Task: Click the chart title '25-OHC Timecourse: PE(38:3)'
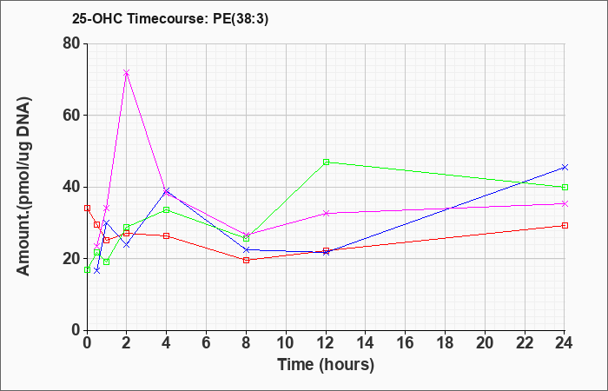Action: [170, 18]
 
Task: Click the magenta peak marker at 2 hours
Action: [127, 73]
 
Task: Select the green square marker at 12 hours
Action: [326, 162]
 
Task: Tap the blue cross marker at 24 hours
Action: [565, 167]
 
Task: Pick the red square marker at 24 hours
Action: [565, 225]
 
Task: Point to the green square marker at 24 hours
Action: [565, 188]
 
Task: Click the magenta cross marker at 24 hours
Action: [565, 203]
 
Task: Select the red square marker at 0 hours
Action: [87, 209]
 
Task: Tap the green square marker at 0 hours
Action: [87, 269]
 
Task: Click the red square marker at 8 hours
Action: [246, 261]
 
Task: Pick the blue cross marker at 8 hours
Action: [246, 250]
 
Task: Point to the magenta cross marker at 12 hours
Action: [326, 214]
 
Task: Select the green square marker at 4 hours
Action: [167, 210]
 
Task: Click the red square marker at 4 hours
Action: [167, 235]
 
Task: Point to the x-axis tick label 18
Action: [445, 343]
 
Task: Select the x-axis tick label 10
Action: [286, 343]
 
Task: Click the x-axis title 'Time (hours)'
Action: [326, 365]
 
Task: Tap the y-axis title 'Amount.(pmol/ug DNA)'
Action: [24, 187]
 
